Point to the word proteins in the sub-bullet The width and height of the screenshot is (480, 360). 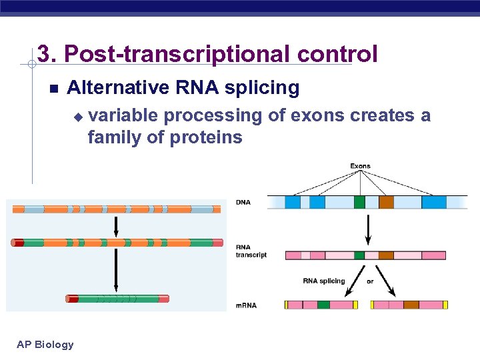206,138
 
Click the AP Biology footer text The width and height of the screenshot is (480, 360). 45,345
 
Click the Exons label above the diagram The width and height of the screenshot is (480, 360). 360,166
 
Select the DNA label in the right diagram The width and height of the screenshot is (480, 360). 243,202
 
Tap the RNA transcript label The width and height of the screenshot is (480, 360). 251,251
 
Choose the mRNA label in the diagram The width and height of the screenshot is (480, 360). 247,305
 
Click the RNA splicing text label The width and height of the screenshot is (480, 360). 324,281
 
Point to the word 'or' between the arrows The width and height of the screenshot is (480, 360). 370,281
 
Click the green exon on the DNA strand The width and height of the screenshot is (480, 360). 359,202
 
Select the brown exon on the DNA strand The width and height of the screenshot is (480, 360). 387,202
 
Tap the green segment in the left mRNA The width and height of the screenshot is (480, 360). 323,305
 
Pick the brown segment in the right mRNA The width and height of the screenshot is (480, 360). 411,305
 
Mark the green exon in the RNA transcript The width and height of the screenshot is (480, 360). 359,255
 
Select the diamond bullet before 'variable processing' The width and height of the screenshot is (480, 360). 77,117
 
